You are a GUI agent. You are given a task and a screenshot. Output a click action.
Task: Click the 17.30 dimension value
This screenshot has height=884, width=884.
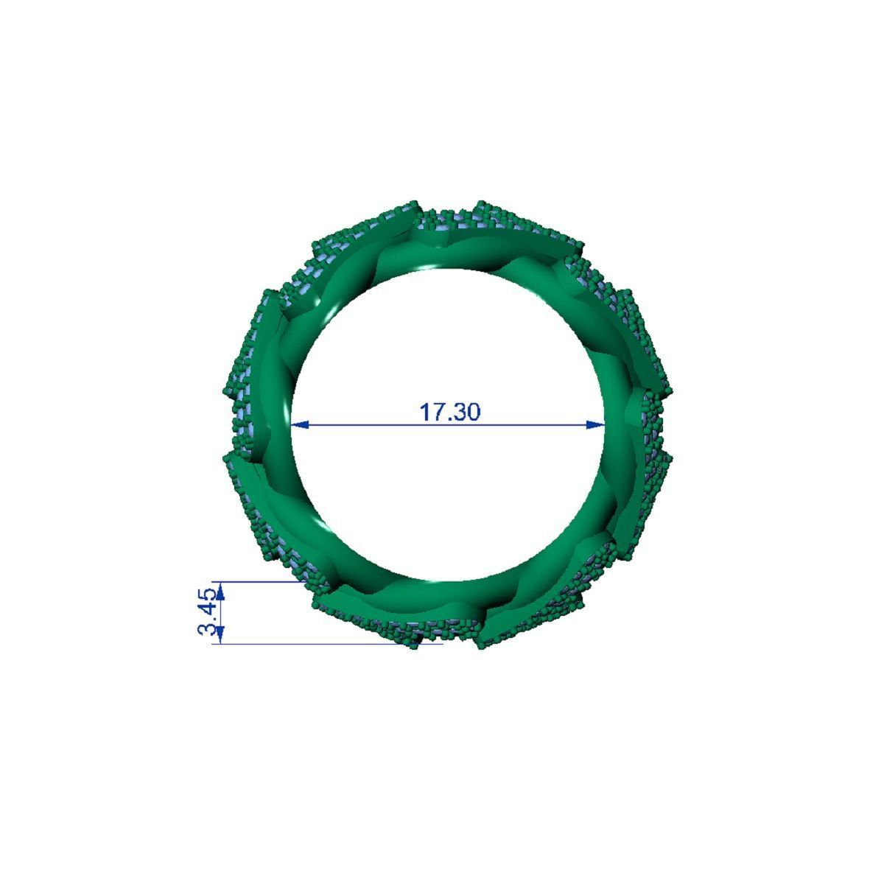pos(449,412)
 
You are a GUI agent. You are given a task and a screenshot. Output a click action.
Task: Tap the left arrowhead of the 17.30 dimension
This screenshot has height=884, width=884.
pos(301,424)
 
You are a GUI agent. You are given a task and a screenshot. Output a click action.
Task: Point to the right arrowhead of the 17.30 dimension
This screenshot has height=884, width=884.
pos(596,424)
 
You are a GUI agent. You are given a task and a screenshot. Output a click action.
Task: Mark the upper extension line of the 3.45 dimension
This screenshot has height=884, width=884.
pos(258,580)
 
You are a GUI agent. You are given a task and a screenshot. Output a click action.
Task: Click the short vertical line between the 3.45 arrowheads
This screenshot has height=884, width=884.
pos(222,612)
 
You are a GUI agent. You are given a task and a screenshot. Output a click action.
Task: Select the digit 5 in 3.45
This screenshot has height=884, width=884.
pos(208,594)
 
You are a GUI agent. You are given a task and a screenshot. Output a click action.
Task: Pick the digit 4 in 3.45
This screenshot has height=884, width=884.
pos(208,610)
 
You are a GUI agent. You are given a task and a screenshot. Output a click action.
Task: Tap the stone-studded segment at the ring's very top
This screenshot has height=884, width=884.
pos(449,217)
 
